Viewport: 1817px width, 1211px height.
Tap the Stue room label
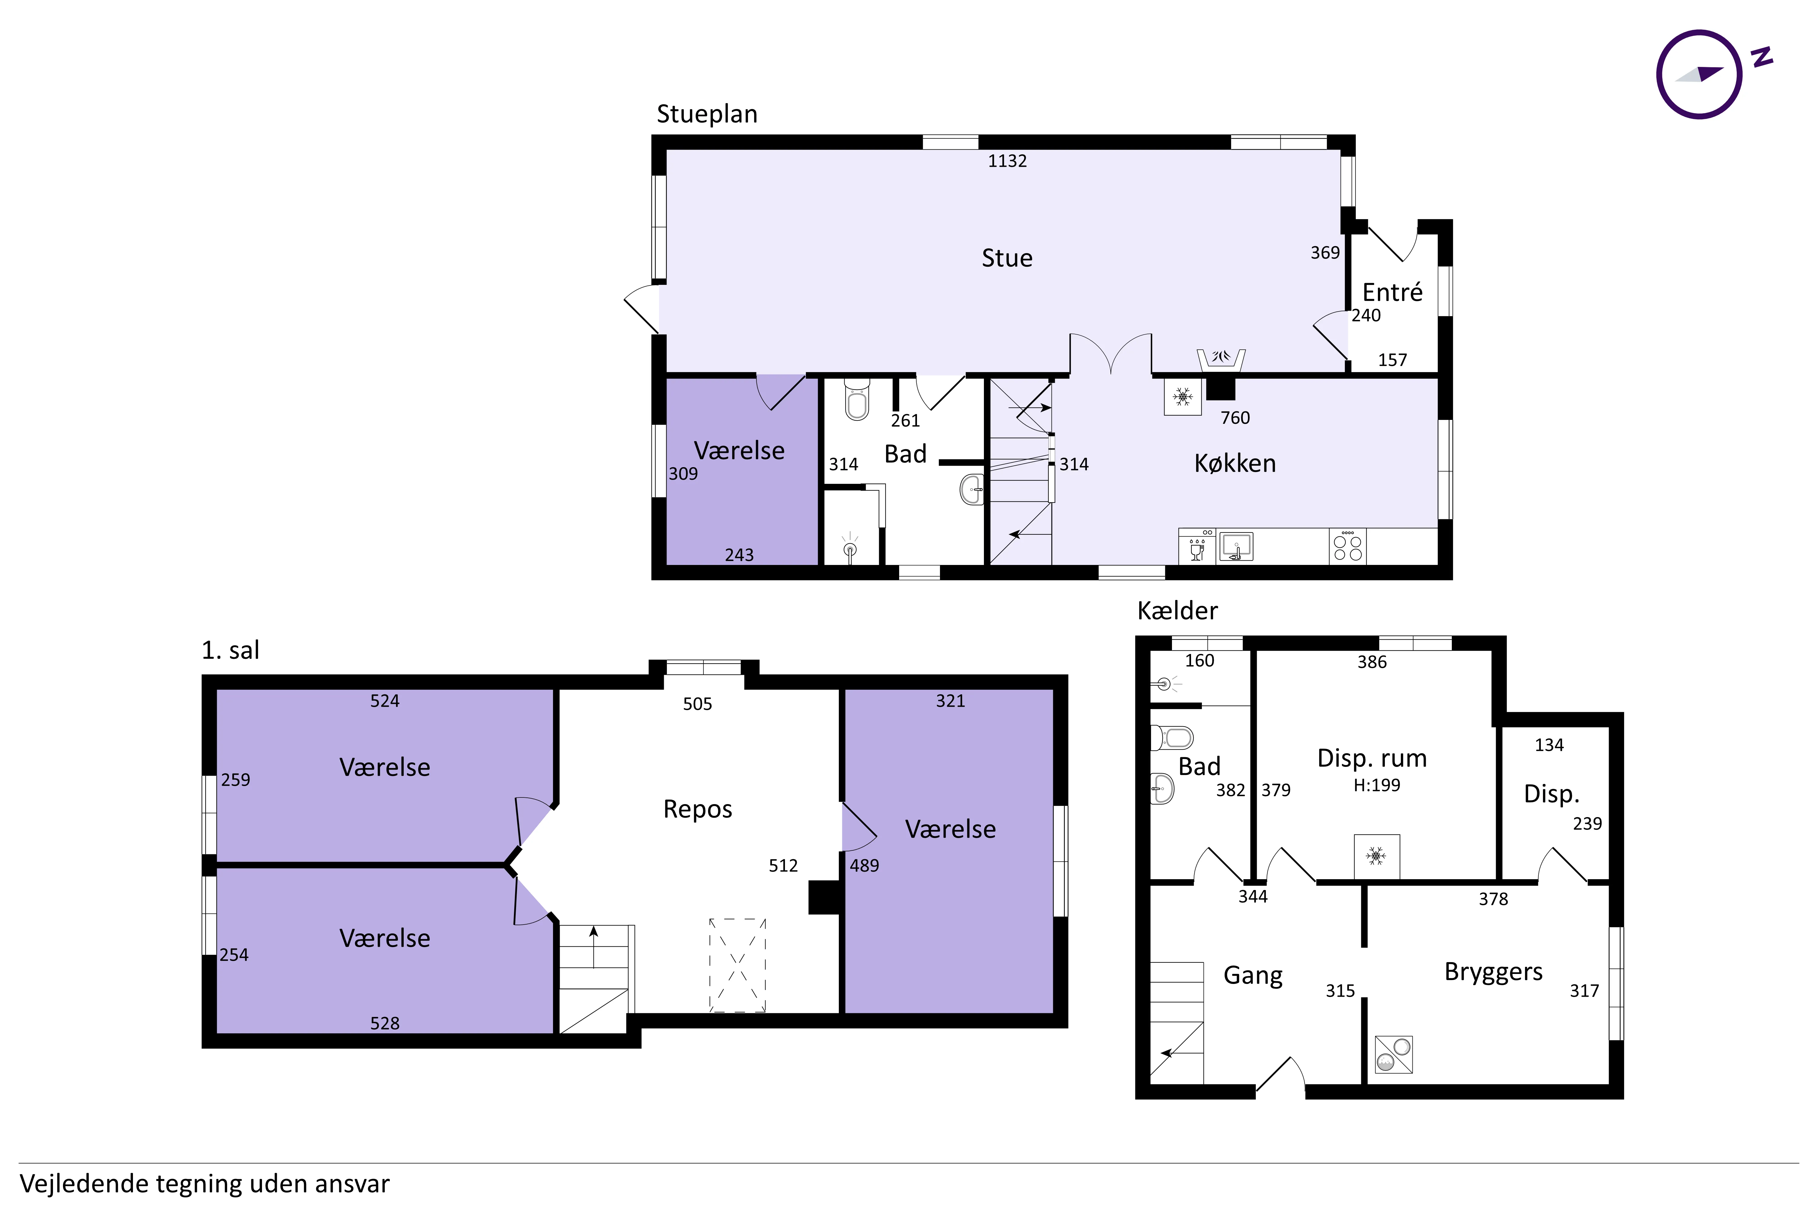(x=1007, y=258)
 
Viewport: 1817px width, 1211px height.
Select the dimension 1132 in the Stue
(x=1008, y=161)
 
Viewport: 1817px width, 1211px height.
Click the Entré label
(x=1392, y=292)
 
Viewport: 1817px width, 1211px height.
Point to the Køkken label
(x=1235, y=464)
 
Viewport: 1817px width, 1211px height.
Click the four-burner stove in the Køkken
(x=1347, y=546)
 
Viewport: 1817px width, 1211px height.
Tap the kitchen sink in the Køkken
(x=1236, y=546)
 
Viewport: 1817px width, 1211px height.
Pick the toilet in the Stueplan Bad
(x=857, y=398)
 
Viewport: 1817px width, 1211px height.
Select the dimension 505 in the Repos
(x=698, y=704)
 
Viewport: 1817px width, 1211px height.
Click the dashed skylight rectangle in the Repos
(x=738, y=965)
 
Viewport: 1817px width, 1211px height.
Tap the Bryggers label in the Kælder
(x=1493, y=972)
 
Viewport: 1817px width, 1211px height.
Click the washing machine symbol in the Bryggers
(x=1394, y=1054)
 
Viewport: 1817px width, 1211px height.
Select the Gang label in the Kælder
(x=1253, y=975)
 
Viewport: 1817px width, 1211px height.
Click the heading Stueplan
(x=707, y=114)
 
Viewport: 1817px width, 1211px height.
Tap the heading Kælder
(x=1177, y=611)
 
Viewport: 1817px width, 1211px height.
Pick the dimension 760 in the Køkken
(x=1235, y=418)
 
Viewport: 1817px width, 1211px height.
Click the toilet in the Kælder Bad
(x=1172, y=737)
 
